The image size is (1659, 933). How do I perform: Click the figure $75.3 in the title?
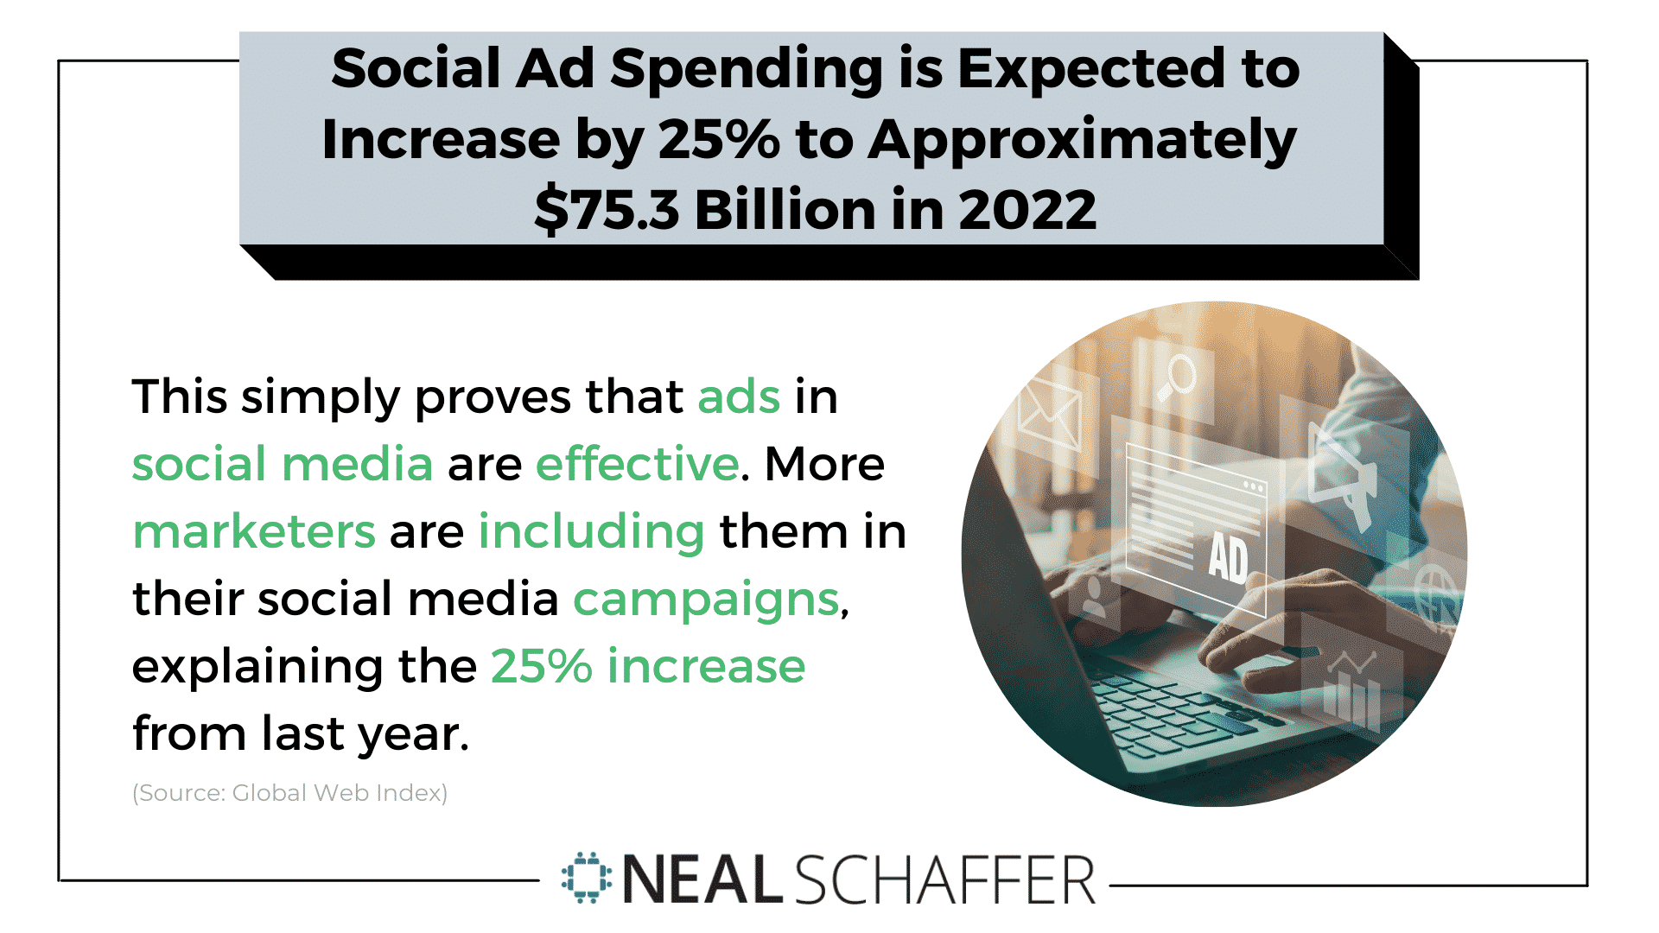click(607, 210)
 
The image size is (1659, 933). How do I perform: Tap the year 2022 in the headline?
click(1027, 210)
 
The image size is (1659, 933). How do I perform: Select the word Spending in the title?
click(747, 69)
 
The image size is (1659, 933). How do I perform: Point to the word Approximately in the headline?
click(1082, 140)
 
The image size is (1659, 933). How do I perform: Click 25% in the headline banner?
click(719, 140)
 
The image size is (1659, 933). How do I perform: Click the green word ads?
click(739, 397)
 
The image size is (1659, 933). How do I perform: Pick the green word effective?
click(638, 465)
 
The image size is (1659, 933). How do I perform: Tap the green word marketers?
click(254, 531)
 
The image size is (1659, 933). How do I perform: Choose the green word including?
click(591, 532)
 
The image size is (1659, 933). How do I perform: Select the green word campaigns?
click(706, 600)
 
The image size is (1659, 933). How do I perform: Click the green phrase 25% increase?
click(648, 666)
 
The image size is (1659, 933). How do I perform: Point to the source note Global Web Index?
click(340, 793)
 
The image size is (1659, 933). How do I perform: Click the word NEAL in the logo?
click(702, 880)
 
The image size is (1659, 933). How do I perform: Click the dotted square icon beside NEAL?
click(587, 879)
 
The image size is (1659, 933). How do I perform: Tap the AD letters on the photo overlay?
click(1228, 558)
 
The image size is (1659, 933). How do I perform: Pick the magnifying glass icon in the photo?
click(1174, 378)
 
